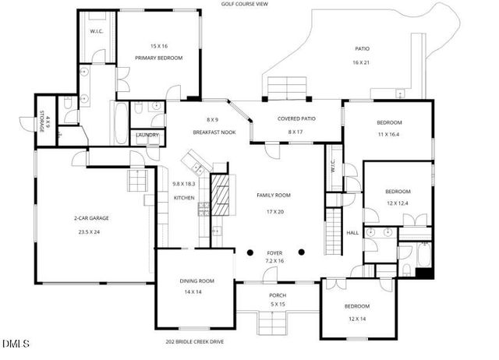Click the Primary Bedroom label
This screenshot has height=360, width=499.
pyautogui.click(x=158, y=58)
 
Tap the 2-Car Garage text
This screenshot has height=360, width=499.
pyautogui.click(x=92, y=218)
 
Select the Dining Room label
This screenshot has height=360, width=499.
pyautogui.click(x=197, y=281)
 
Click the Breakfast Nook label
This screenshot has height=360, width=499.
pyautogui.click(x=212, y=132)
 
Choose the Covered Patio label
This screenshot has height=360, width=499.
pyautogui.click(x=295, y=118)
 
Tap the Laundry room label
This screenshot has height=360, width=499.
pyautogui.click(x=147, y=136)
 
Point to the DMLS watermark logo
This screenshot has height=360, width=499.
pyautogui.click(x=16, y=344)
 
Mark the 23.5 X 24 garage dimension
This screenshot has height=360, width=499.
pyautogui.click(x=92, y=231)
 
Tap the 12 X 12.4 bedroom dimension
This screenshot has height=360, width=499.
pyautogui.click(x=397, y=204)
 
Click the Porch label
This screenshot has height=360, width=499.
pyautogui.click(x=278, y=295)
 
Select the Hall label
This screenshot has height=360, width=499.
pyautogui.click(x=352, y=232)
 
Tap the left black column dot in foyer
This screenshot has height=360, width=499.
pyautogui.click(x=250, y=252)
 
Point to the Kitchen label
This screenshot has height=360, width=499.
pyautogui.click(x=184, y=198)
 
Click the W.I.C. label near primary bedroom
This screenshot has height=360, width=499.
pyautogui.click(x=97, y=31)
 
